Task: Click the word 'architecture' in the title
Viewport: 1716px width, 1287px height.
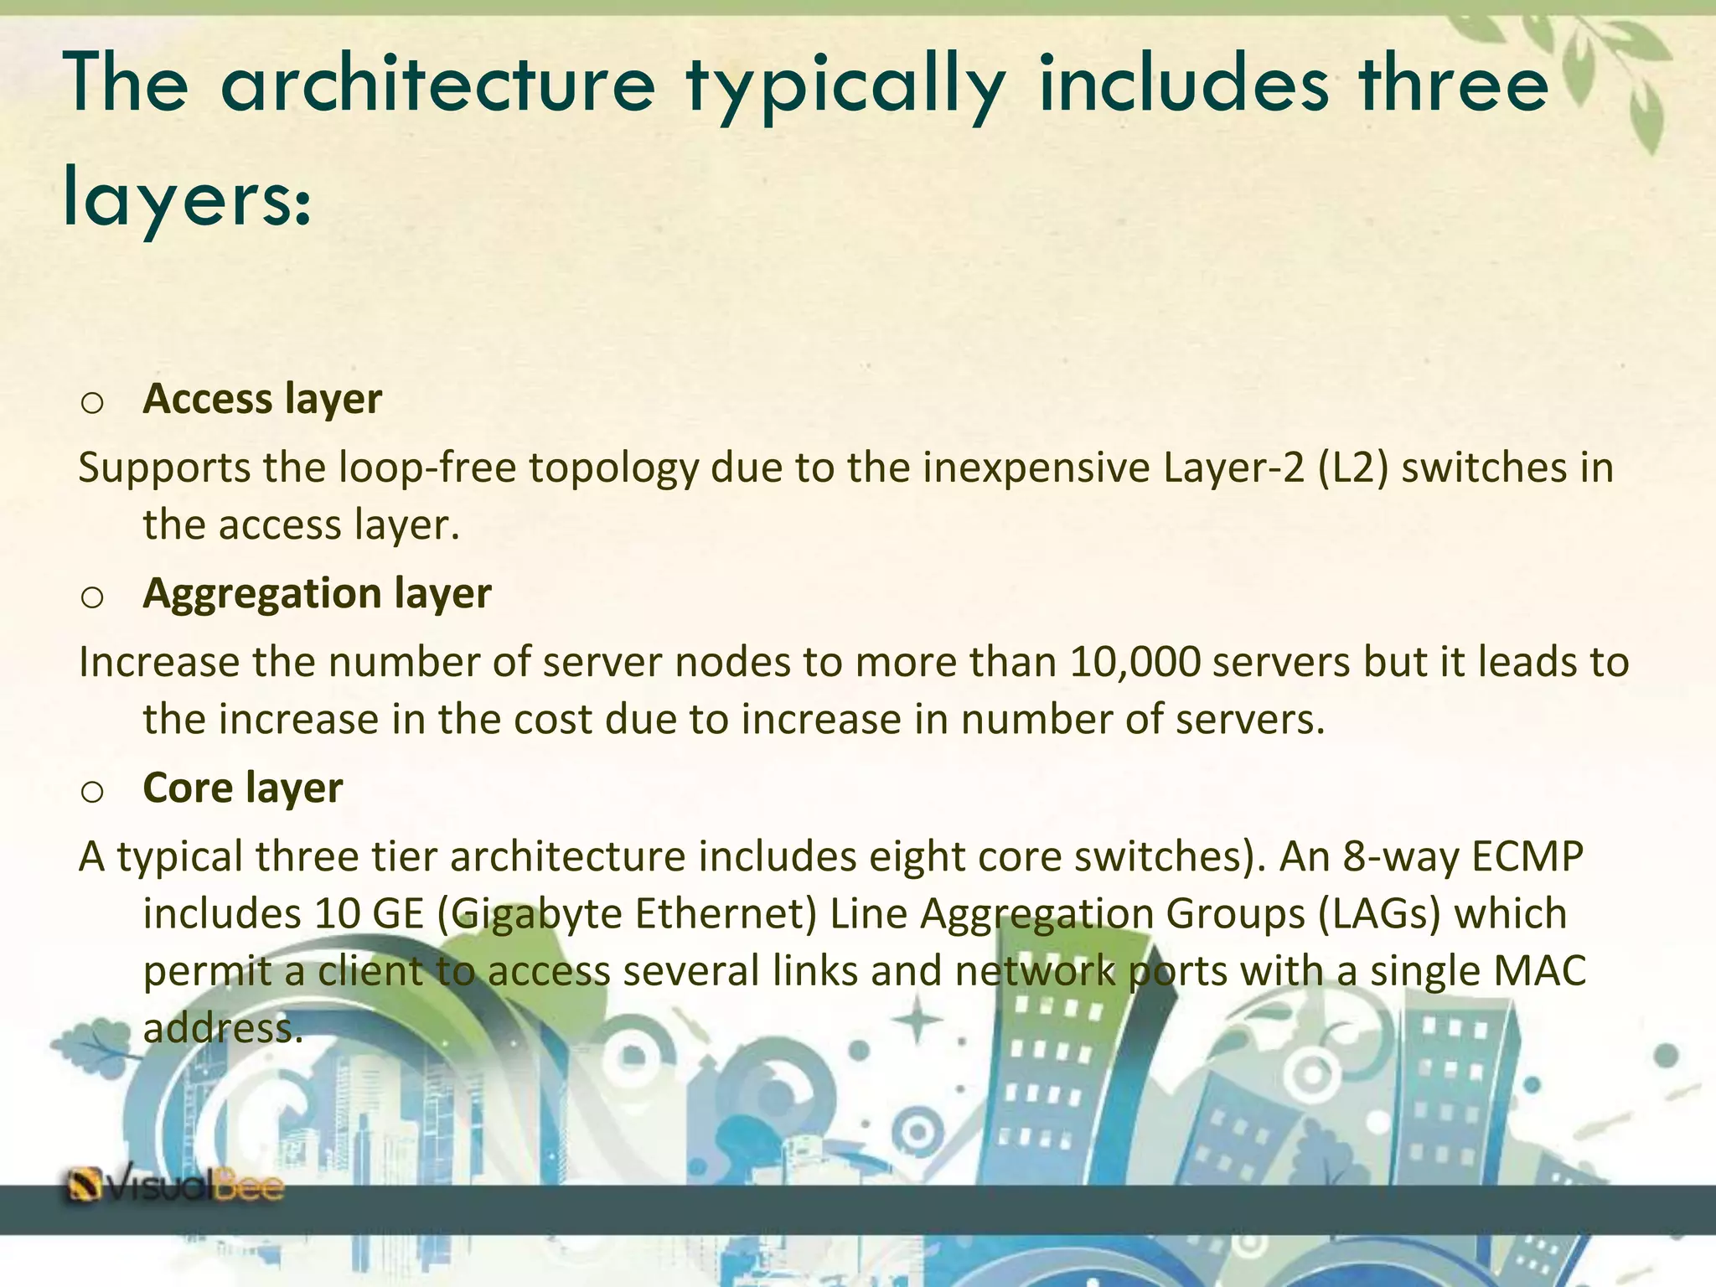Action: click(437, 84)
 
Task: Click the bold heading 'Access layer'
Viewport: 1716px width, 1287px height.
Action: click(262, 399)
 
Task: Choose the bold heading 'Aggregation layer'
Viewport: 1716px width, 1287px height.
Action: click(317, 593)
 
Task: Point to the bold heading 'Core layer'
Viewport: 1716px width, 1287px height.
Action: click(243, 788)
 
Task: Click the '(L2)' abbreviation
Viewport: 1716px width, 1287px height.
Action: click(1353, 468)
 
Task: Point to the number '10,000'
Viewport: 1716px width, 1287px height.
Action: click(1135, 662)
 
